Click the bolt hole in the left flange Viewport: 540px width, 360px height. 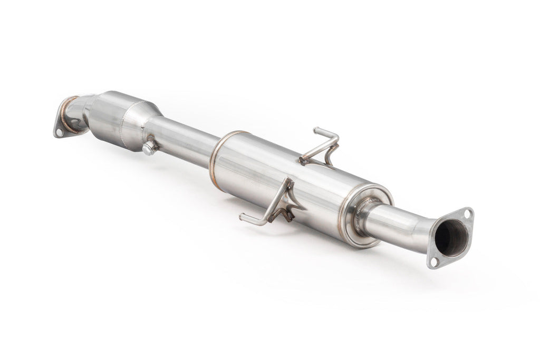coord(59,132)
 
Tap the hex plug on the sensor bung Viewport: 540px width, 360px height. coord(148,148)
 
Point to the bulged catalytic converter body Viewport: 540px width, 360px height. coord(119,119)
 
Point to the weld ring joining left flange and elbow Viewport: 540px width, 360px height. coord(66,114)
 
